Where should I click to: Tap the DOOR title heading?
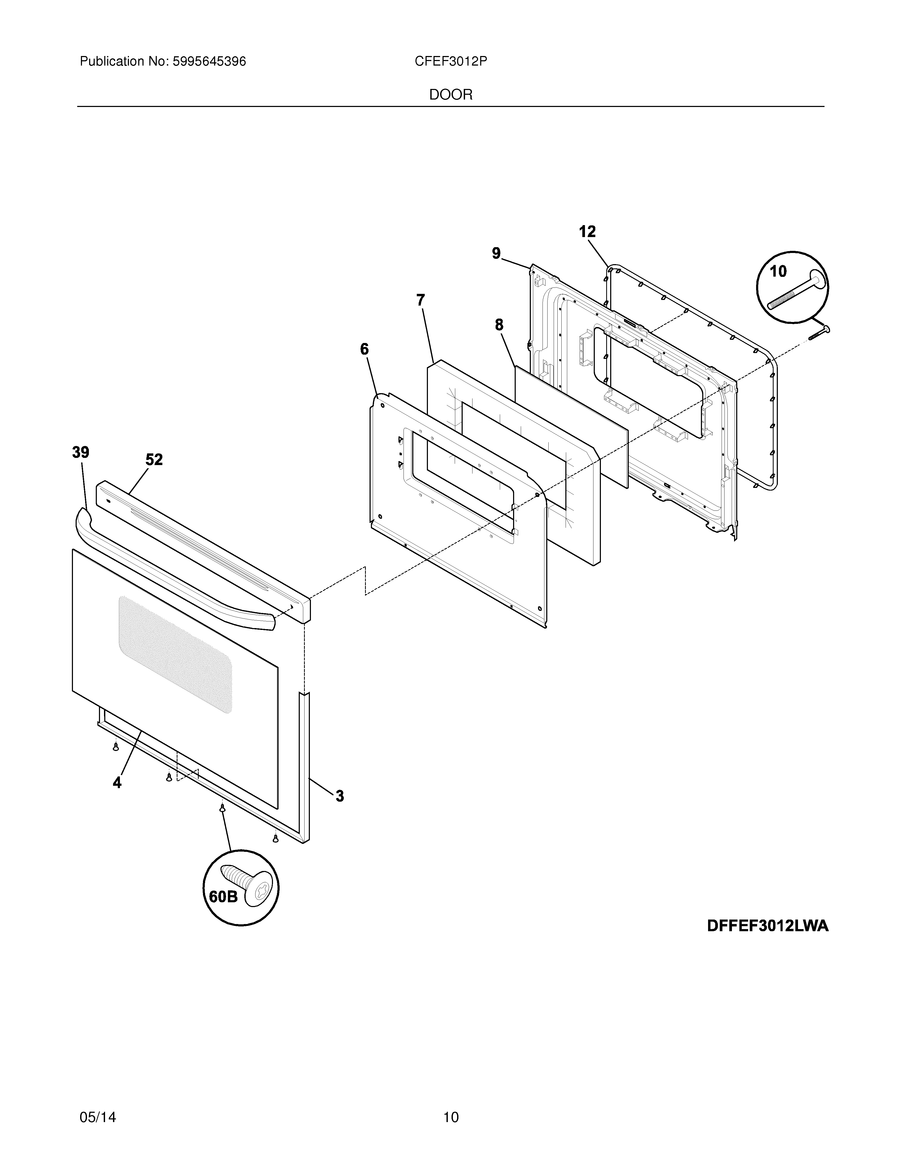tap(450, 95)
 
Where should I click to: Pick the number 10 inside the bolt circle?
tap(778, 272)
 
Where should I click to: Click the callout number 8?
tap(499, 325)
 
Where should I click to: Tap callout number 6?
tap(365, 349)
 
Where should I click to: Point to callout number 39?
tap(81, 452)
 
